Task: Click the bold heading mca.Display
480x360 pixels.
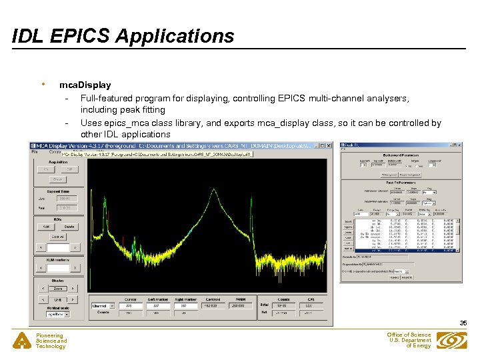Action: (85, 85)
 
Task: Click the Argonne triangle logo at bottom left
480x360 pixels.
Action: (23, 341)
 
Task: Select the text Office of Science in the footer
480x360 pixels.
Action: (409, 335)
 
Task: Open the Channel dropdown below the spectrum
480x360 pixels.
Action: (103, 306)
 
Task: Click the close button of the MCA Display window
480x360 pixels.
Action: (327, 145)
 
